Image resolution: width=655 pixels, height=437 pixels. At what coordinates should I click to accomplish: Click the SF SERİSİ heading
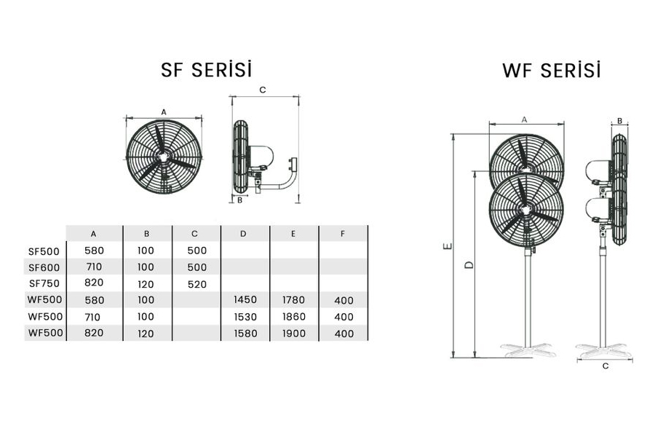coord(207,69)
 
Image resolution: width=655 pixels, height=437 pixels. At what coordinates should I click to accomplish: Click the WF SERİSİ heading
coord(552,70)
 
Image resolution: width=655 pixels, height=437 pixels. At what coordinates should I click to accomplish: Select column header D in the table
coord(243,233)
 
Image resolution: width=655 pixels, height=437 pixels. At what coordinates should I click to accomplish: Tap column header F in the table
coord(343,233)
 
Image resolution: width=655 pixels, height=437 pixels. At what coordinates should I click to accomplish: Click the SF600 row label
coord(44,267)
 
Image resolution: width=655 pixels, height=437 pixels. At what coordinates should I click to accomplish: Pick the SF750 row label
coord(44,283)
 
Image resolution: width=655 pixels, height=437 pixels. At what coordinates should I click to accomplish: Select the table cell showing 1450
coord(245,300)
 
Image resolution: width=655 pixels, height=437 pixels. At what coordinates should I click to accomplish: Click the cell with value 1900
coord(294,334)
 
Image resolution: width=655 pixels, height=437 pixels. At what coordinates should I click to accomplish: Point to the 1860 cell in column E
coord(294,317)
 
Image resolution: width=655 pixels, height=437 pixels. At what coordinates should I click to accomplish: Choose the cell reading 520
coord(196,284)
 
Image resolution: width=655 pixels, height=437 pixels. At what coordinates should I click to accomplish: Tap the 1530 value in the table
coord(245,317)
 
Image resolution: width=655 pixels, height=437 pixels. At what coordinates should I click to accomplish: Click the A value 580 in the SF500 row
coord(94,251)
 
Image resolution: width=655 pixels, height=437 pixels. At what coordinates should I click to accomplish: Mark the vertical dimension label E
coord(448,246)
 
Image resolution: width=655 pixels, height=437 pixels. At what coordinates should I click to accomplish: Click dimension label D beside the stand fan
coord(469,264)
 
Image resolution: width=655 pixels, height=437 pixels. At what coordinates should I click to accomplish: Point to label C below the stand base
coord(606,366)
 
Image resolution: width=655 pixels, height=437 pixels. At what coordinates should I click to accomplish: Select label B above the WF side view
coord(619,121)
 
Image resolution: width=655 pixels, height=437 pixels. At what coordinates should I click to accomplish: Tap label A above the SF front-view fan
coord(164,112)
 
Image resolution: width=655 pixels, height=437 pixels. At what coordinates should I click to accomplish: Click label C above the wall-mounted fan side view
coord(262,90)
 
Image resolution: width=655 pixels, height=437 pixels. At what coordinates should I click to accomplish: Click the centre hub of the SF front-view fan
coord(163,157)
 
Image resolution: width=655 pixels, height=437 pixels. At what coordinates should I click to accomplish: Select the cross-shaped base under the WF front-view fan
coord(528,350)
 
